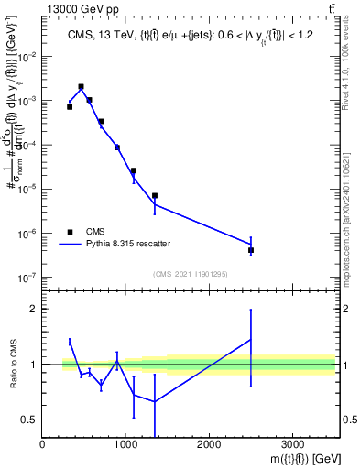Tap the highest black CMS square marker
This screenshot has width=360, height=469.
[82, 87]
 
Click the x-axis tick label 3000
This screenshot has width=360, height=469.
[292, 445]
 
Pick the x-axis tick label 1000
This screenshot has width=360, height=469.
[125, 445]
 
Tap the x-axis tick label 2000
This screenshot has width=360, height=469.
[209, 445]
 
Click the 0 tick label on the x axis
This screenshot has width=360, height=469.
[43, 445]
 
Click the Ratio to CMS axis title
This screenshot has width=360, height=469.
[12, 365]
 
